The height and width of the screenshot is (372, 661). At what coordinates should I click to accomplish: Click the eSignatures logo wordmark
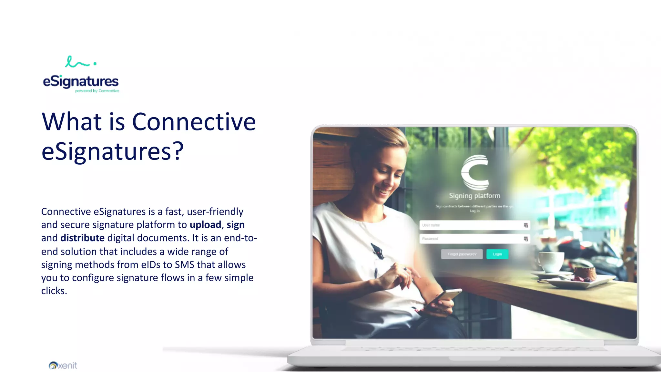click(81, 81)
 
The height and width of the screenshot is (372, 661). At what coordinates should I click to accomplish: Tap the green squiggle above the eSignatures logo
click(77, 62)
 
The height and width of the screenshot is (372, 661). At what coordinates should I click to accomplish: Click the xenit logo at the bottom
click(63, 365)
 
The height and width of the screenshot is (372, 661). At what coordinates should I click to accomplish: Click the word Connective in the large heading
click(194, 122)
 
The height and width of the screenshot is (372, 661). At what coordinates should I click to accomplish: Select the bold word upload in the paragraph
click(205, 225)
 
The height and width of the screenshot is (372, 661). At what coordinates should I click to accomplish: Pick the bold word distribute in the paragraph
click(82, 238)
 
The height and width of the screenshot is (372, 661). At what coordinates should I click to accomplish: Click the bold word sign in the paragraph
click(236, 225)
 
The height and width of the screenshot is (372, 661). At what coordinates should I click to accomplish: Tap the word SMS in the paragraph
click(184, 265)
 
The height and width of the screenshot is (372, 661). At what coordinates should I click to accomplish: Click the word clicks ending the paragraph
click(54, 291)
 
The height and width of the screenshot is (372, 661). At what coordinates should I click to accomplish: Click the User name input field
click(471, 225)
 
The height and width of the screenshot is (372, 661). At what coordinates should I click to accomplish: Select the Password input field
click(471, 239)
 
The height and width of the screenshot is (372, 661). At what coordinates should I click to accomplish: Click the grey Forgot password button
click(462, 254)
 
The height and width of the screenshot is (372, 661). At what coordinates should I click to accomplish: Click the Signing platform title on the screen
click(474, 196)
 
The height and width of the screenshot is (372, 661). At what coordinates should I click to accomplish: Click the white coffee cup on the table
click(550, 261)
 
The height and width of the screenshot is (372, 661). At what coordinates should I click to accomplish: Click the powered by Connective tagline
click(97, 91)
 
